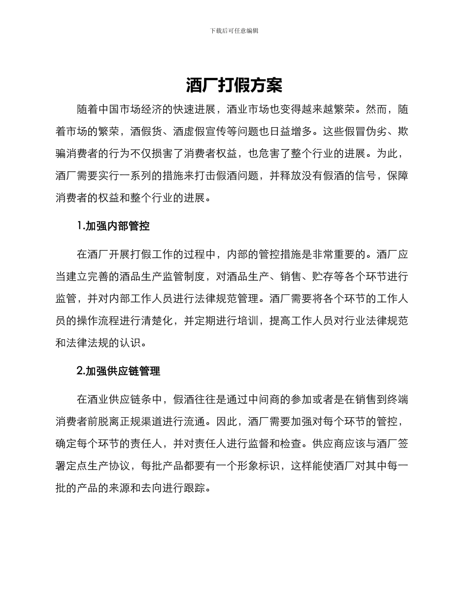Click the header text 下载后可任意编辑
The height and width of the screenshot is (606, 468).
234,31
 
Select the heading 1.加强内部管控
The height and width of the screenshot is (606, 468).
113,226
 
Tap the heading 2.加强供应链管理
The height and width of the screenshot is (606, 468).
118,371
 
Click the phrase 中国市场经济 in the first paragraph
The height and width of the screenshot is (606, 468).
131,109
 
